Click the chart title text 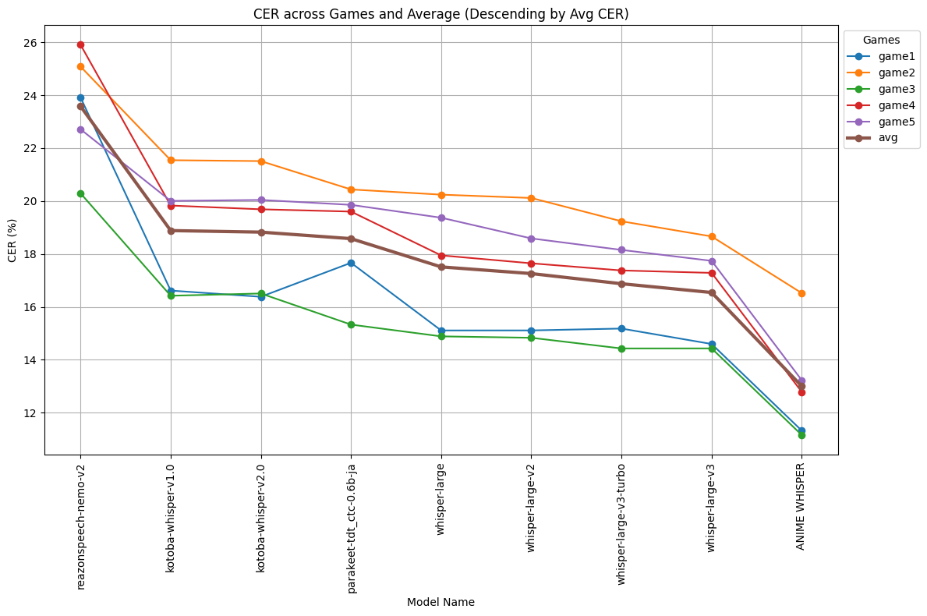[441, 14]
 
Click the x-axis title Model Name [441, 602]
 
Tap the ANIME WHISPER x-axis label [801, 506]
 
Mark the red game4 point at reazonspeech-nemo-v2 [80, 44]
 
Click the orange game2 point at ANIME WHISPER [801, 293]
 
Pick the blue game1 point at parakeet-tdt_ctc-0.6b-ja [351, 263]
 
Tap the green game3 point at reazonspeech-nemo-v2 [80, 193]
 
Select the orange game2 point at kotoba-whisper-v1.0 [171, 160]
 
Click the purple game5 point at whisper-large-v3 [711, 261]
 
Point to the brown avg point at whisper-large [441, 267]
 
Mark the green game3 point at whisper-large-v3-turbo [621, 349]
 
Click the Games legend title [881, 40]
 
